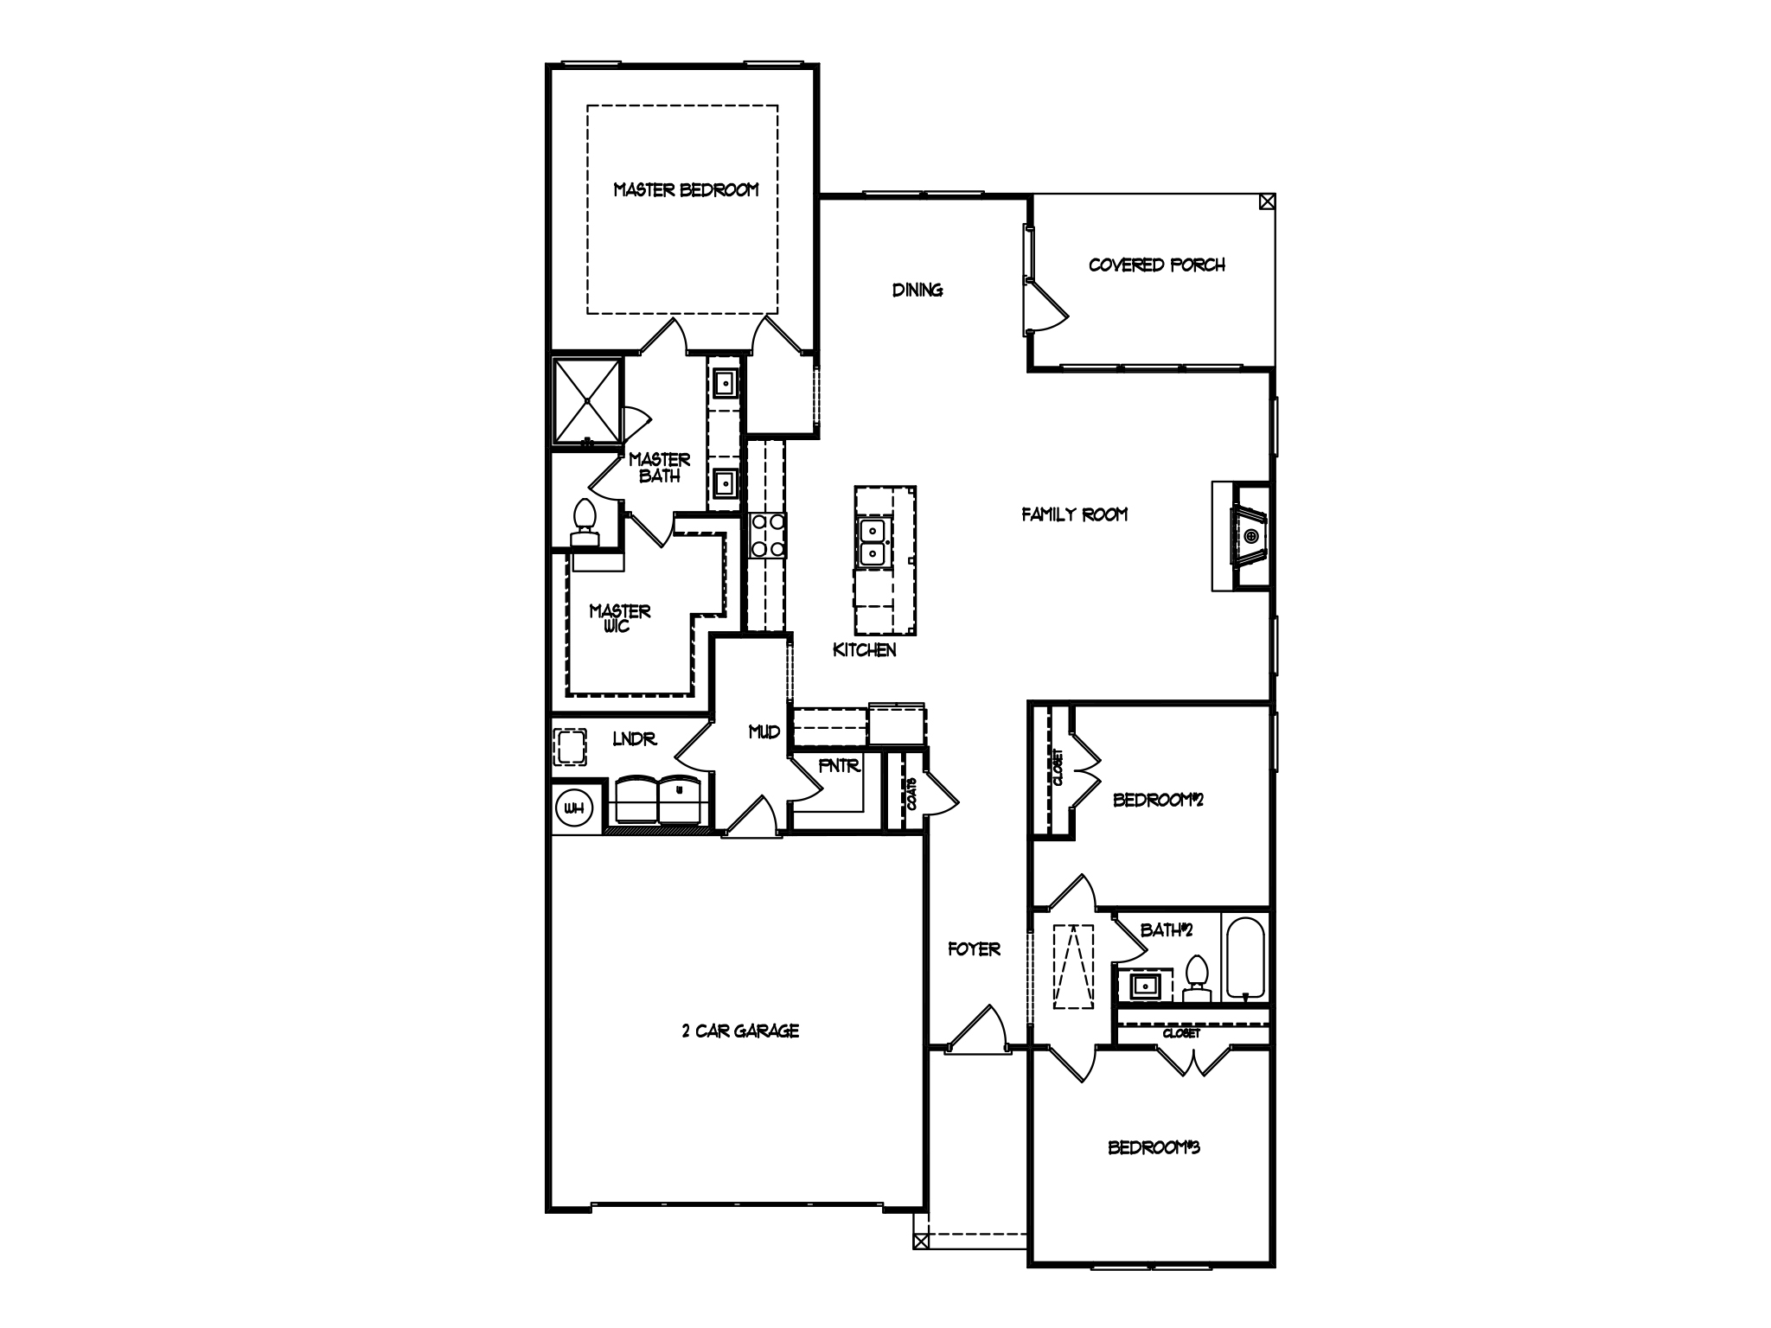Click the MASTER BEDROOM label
click(686, 189)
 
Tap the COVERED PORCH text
click(1156, 265)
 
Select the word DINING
click(917, 290)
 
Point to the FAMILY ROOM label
click(1075, 514)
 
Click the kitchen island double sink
click(873, 542)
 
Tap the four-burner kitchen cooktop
click(767, 535)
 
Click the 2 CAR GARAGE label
click(740, 1031)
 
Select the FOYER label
click(975, 949)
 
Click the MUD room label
click(764, 732)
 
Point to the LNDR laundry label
click(635, 739)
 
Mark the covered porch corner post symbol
click(1267, 202)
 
